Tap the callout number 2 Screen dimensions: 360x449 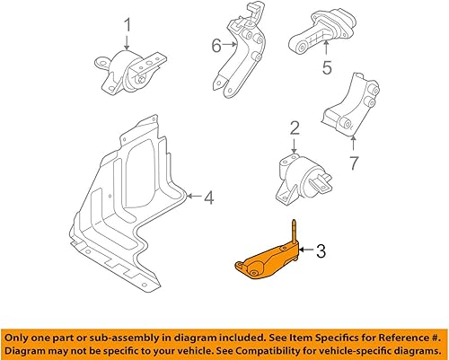coord(293,131)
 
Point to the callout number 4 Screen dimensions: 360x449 coord(207,195)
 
